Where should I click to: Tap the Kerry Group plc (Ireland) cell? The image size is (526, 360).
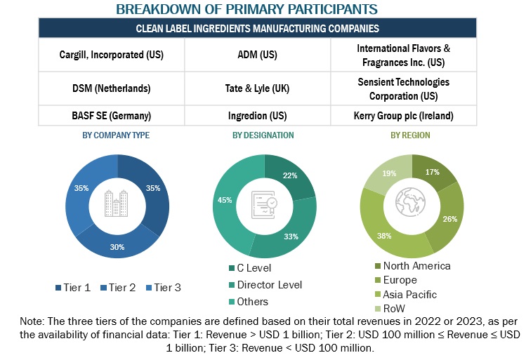coord(403,115)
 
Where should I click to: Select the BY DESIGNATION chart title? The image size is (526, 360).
coord(263,135)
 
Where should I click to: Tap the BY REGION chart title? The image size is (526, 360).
coord(411,135)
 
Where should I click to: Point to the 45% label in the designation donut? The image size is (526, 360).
coord(225,201)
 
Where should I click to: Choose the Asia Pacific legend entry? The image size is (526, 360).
coord(407,295)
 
